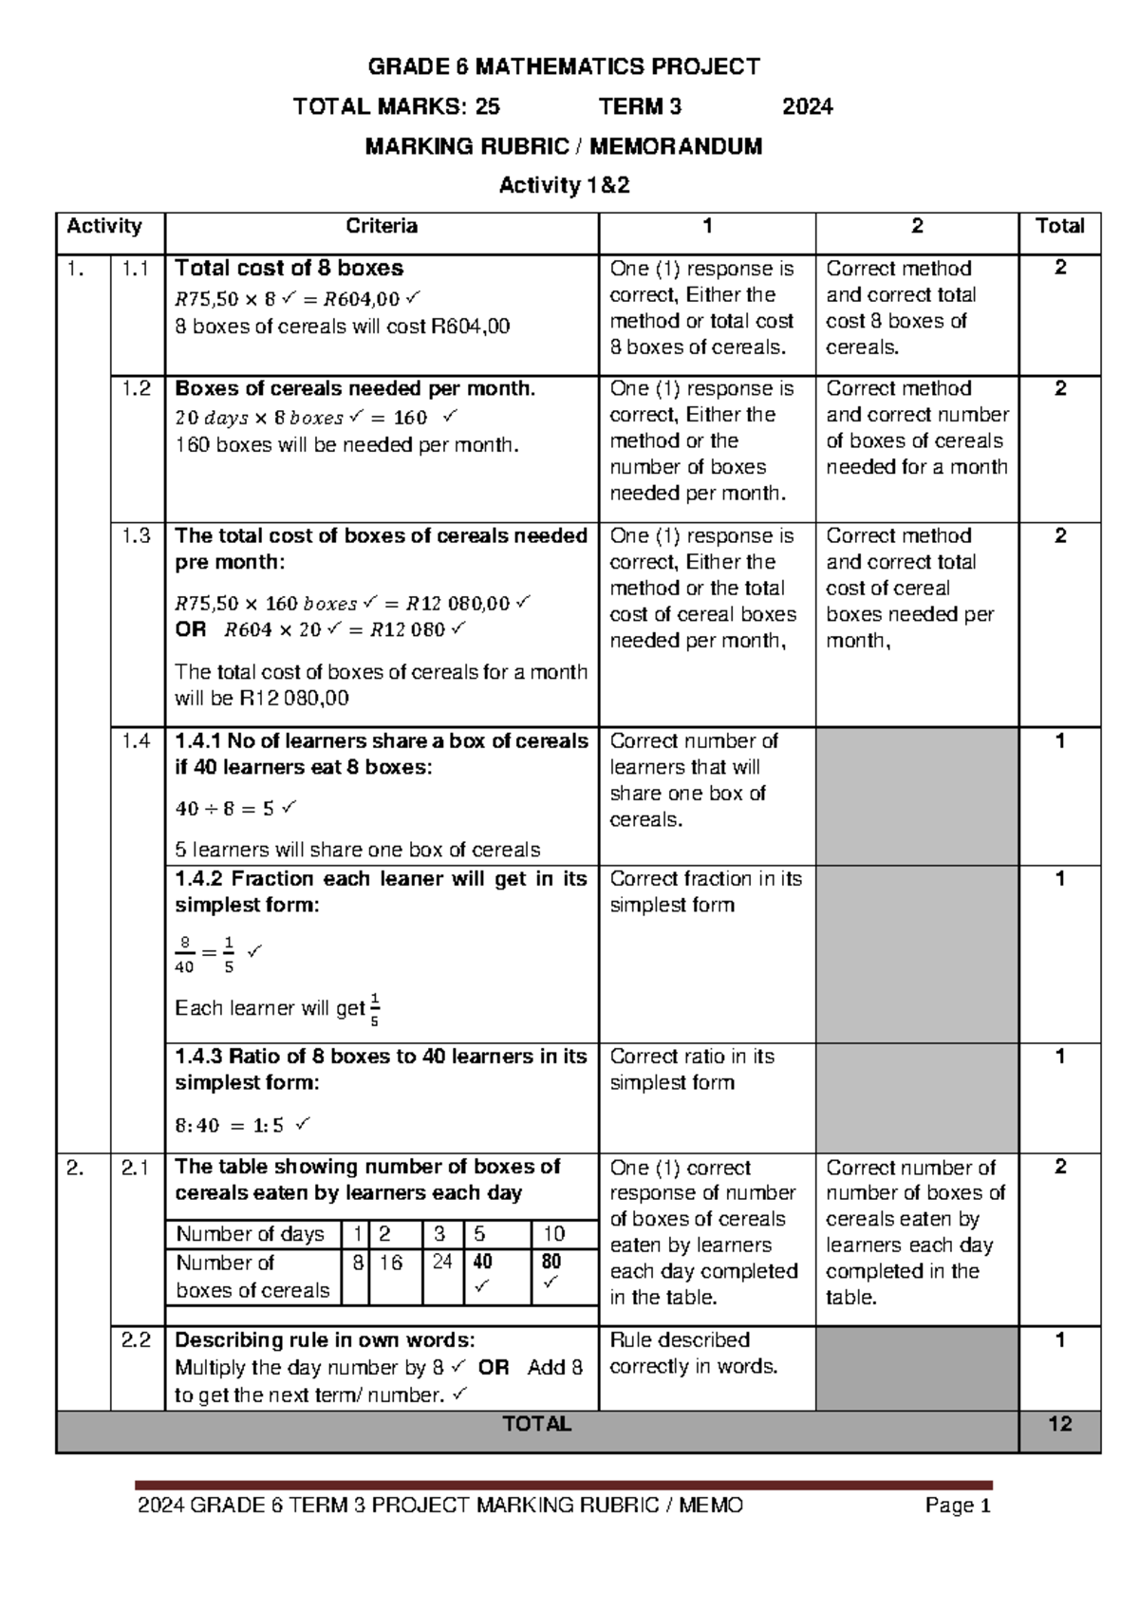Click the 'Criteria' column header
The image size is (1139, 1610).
click(x=382, y=226)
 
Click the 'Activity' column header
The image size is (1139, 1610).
click(x=104, y=226)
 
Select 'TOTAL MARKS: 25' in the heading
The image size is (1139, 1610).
click(x=397, y=106)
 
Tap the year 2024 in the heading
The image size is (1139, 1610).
click(x=807, y=106)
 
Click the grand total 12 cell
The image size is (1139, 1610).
click(x=1059, y=1424)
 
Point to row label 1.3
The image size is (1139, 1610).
click(x=137, y=536)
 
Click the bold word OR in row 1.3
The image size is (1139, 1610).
click(x=190, y=629)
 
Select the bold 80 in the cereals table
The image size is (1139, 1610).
click(x=551, y=1262)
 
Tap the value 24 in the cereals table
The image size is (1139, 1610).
click(x=442, y=1262)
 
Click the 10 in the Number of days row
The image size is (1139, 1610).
click(x=554, y=1234)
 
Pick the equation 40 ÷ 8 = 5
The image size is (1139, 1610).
click(x=225, y=809)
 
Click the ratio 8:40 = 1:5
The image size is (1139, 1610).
click(x=230, y=1125)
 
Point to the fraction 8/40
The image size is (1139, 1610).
click(x=184, y=955)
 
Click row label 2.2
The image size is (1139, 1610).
click(x=137, y=1340)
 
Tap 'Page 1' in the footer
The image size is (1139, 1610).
click(x=959, y=1506)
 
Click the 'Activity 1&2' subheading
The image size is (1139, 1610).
click(x=565, y=185)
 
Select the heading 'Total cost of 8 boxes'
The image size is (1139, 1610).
click(x=289, y=269)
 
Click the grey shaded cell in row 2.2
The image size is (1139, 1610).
click(x=916, y=1367)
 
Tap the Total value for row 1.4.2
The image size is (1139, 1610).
click(x=1059, y=879)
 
